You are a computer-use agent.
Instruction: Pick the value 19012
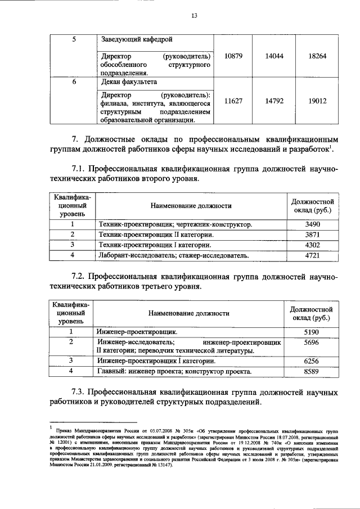pyautogui.click(x=318, y=101)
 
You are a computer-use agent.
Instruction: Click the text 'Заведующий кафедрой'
pyautogui.click(x=136, y=39)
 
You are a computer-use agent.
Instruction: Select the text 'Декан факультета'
pyautogui.click(x=129, y=83)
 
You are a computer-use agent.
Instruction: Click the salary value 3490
pyautogui.click(x=312, y=224)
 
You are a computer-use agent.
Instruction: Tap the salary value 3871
pyautogui.click(x=312, y=235)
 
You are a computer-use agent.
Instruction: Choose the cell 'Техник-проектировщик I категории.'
pyautogui.click(x=155, y=245)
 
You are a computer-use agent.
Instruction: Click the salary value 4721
pyautogui.click(x=312, y=256)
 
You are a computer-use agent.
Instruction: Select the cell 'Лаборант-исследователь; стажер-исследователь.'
pyautogui.click(x=173, y=256)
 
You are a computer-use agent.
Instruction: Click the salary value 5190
pyautogui.click(x=311, y=332)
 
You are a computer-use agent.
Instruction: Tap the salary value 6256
pyautogui.click(x=311, y=361)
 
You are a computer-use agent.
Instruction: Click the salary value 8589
pyautogui.click(x=311, y=372)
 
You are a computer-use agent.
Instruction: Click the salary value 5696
pyautogui.click(x=311, y=342)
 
